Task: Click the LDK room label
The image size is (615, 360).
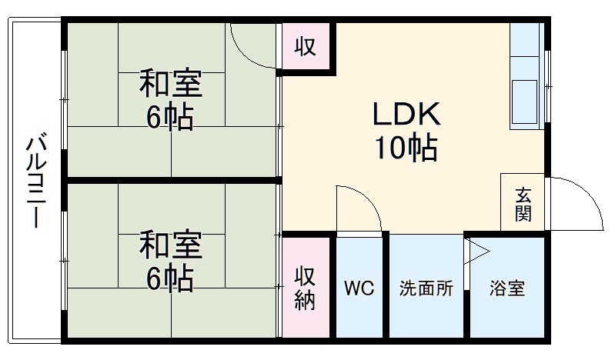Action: [x=406, y=115]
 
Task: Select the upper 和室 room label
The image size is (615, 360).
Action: [x=170, y=85]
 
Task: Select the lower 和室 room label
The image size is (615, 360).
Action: [x=170, y=246]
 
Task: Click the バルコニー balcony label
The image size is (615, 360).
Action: [x=35, y=182]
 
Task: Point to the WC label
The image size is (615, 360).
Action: [x=359, y=289]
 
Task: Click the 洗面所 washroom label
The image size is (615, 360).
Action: [x=426, y=289]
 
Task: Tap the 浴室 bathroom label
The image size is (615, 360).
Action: [x=507, y=289]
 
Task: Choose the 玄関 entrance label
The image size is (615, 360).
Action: [x=523, y=204]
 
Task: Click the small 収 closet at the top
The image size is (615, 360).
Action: [x=306, y=47]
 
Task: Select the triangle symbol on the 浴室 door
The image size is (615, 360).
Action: [x=476, y=251]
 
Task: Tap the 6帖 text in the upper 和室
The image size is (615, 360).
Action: [x=170, y=117]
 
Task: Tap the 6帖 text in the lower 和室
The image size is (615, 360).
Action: [x=170, y=278]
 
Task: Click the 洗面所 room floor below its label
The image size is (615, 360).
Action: [x=426, y=319]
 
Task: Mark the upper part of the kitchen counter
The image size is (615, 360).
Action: [x=526, y=42]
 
